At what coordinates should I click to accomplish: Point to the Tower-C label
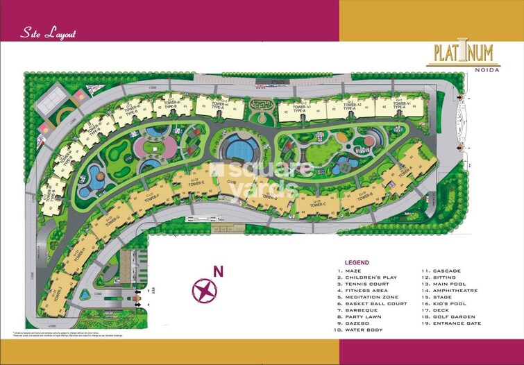tap(317, 204)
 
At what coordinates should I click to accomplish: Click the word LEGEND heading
tap(356, 262)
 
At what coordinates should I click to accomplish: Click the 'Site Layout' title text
tap(49, 33)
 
